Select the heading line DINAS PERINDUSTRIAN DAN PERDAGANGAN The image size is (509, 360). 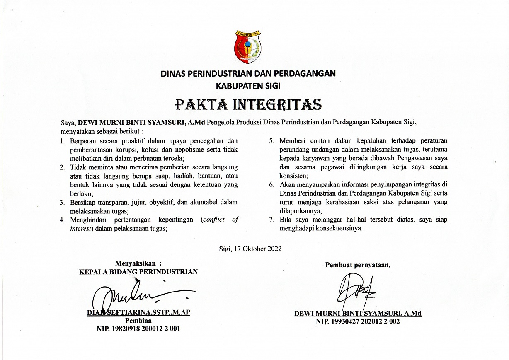(248, 74)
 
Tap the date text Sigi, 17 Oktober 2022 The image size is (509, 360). (250, 249)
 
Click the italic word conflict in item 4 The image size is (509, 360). (213, 220)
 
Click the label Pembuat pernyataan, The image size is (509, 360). (358, 265)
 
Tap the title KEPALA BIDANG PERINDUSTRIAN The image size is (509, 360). (138, 272)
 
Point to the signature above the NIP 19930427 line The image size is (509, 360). (356, 290)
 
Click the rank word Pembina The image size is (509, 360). (138, 321)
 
